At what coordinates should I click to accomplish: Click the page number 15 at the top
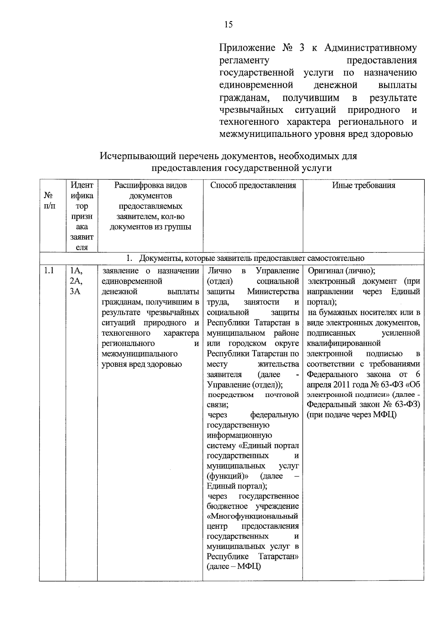228,25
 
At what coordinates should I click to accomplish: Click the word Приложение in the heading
247,48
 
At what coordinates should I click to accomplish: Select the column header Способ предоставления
253,185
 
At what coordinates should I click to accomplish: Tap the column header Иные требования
363,185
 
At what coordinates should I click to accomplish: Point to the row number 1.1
49,271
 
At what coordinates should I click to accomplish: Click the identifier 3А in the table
75,291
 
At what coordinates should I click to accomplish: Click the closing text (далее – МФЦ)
234,566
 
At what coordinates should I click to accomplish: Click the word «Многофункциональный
253,516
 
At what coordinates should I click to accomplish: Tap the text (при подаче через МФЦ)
351,414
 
